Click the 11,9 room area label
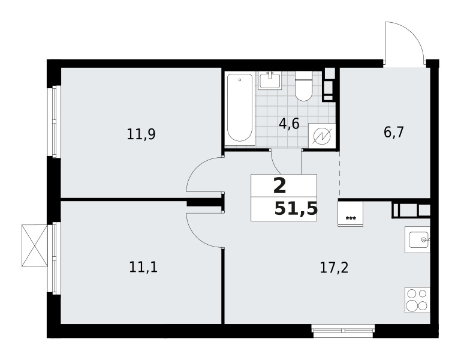pyautogui.click(x=141, y=134)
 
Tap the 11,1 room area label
pyautogui.click(x=143, y=268)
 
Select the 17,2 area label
pyautogui.click(x=334, y=268)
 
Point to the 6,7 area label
pyautogui.click(x=394, y=132)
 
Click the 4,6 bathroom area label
pyautogui.click(x=290, y=124)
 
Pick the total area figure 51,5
pyautogui.click(x=296, y=209)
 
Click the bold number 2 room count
pyautogui.click(x=280, y=187)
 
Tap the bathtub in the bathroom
pyautogui.click(x=240, y=108)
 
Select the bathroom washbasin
pyautogui.click(x=270, y=80)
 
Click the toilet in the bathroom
pyautogui.click(x=303, y=86)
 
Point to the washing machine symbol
pyautogui.click(x=322, y=136)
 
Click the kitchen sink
pyautogui.click(x=417, y=239)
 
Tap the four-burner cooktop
pyautogui.click(x=417, y=301)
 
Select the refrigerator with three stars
pyautogui.click(x=351, y=214)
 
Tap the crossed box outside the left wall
pyautogui.click(x=35, y=245)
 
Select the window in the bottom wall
pyautogui.click(x=342, y=330)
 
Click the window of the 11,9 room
pyautogui.click(x=54, y=122)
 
